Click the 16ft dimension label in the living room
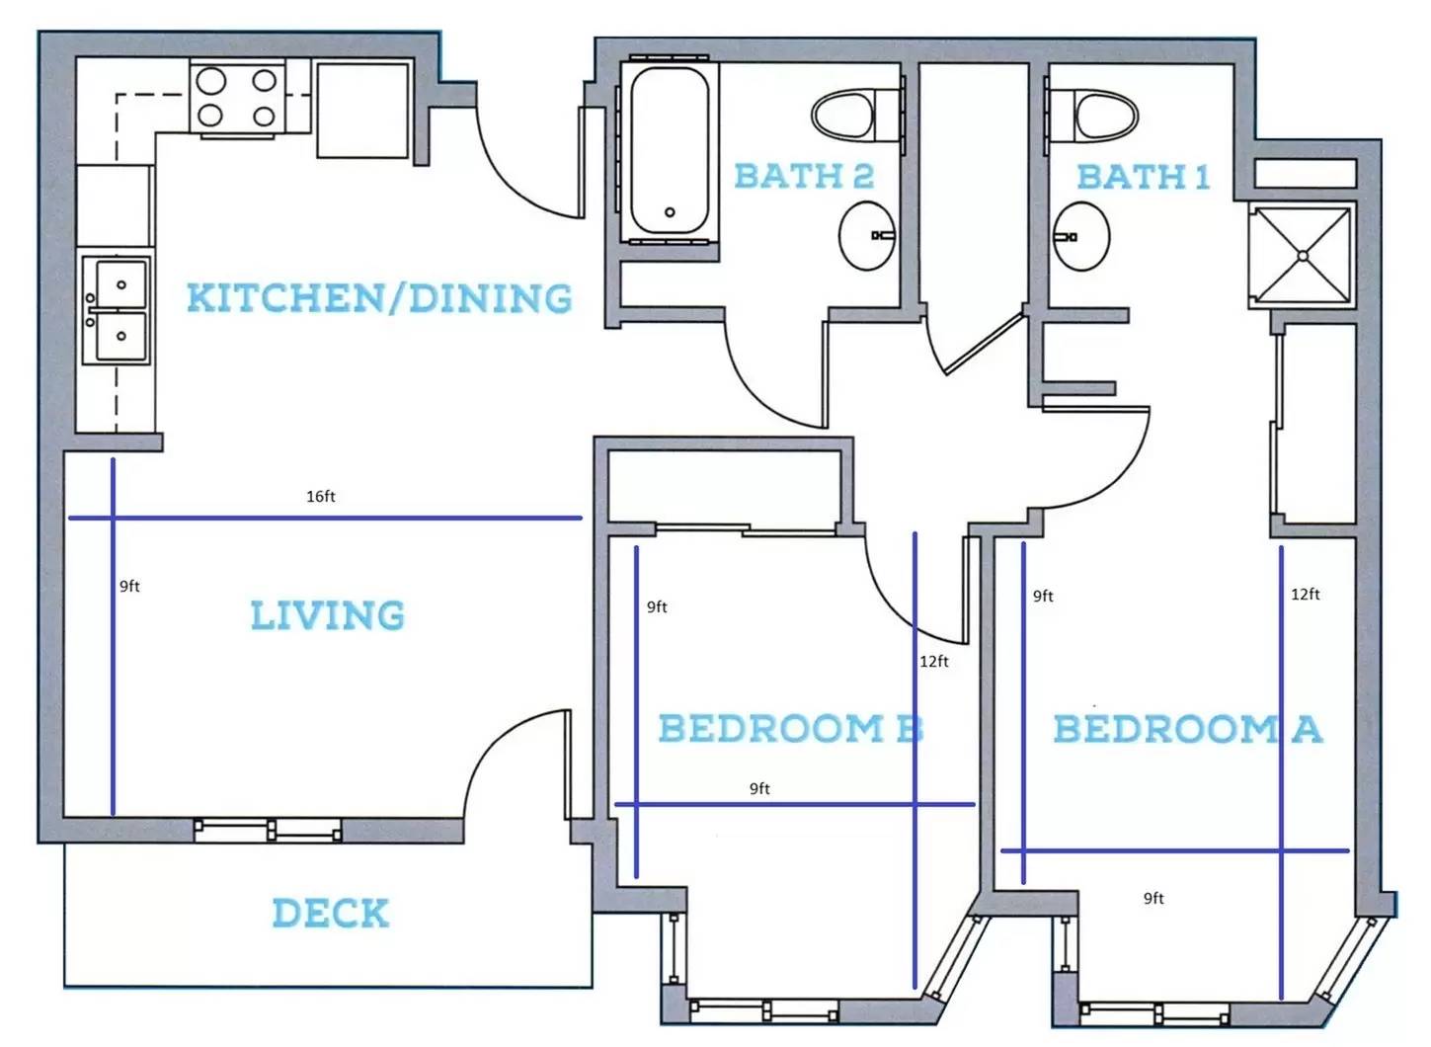click(321, 497)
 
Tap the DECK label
click(330, 913)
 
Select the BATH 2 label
click(804, 176)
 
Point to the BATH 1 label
click(1143, 177)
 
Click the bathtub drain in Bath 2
click(670, 212)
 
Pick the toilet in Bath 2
click(857, 116)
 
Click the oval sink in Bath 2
click(867, 236)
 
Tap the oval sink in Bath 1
click(1081, 236)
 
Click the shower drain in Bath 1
click(1303, 256)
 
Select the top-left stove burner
click(210, 81)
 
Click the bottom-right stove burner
click(264, 117)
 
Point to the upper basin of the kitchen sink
click(120, 284)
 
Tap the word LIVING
click(327, 615)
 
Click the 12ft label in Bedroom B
click(933, 662)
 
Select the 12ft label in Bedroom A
click(1306, 595)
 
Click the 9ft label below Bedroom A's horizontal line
click(1153, 899)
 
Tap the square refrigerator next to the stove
click(362, 110)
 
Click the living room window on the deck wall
click(268, 830)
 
